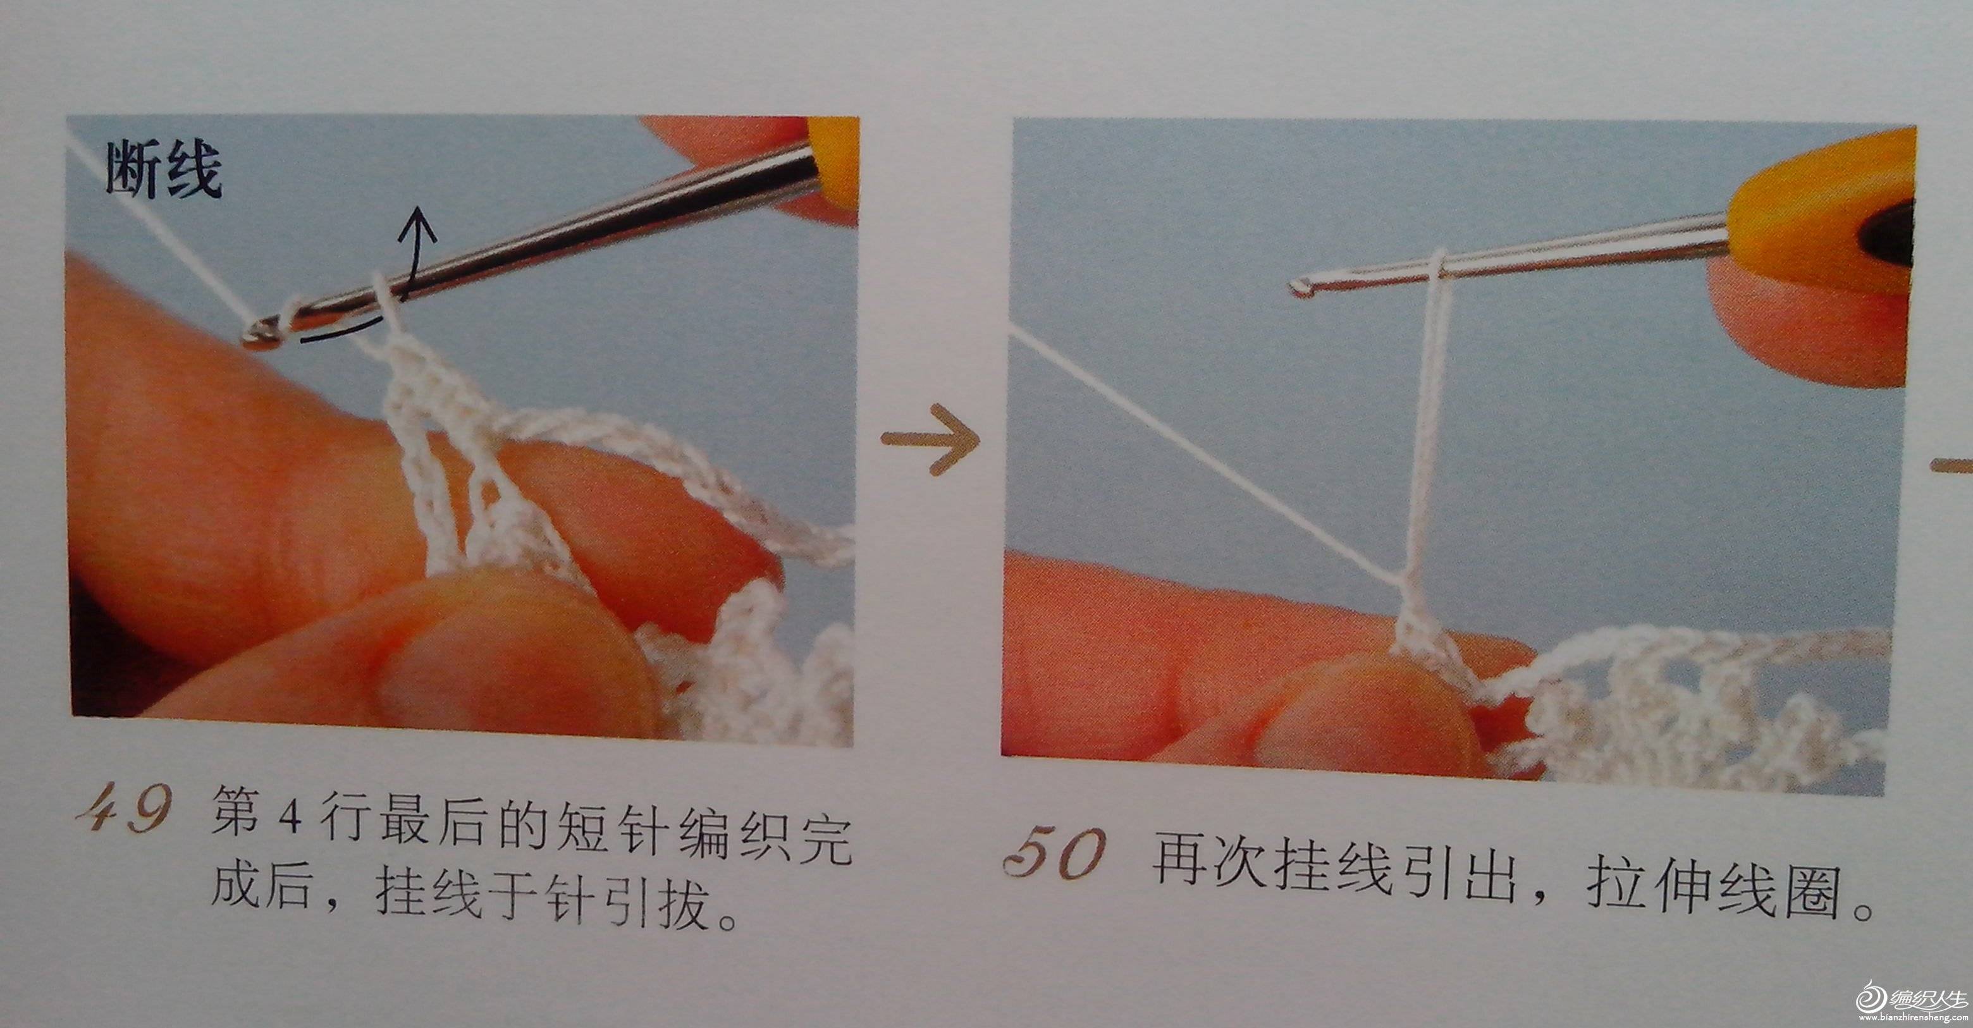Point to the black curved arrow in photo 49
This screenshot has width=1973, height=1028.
[383, 291]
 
